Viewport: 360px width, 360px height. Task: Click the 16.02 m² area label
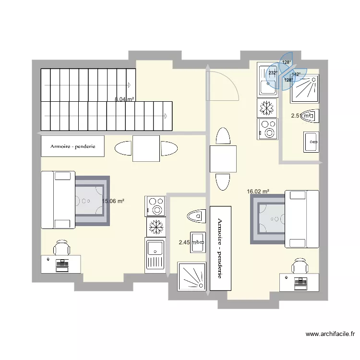point(258,191)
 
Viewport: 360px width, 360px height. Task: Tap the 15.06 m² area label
point(113,201)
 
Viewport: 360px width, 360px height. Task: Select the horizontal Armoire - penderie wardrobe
point(73,147)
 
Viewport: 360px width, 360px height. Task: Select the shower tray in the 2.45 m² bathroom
point(192,276)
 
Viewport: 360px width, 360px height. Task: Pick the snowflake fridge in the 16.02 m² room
point(266,108)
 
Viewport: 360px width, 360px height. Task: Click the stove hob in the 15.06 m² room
point(155,205)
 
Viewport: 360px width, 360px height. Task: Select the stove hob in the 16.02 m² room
point(267,129)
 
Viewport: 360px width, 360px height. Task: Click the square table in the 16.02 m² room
point(223,159)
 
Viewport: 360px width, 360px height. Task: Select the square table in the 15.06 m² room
point(146,149)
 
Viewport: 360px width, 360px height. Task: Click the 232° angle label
point(273,73)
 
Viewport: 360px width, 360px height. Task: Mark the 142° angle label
point(296,74)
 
